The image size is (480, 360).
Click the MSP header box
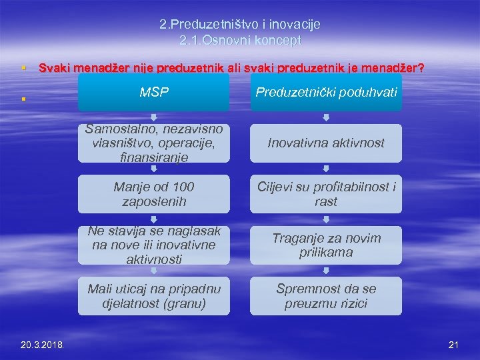pyautogui.click(x=153, y=93)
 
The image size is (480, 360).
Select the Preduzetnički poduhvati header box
pyautogui.click(x=326, y=93)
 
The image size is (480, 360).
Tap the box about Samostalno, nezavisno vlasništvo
pyautogui.click(x=153, y=143)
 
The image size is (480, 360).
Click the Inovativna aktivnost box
pyautogui.click(x=326, y=143)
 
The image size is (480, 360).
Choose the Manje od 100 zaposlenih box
pyautogui.click(x=153, y=194)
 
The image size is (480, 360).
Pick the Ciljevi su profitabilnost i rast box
pyautogui.click(x=326, y=194)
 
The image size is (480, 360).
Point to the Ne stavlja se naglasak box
pyautogui.click(x=153, y=245)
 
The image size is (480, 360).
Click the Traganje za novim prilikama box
pyautogui.click(x=326, y=245)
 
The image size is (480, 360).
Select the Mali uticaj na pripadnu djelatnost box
pyautogui.click(x=153, y=295)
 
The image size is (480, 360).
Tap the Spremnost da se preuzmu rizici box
pyautogui.click(x=326, y=295)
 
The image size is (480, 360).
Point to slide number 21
pyautogui.click(x=454, y=345)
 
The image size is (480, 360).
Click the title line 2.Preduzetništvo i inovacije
pyautogui.click(x=240, y=25)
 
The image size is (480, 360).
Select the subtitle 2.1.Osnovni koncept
pyautogui.click(x=240, y=41)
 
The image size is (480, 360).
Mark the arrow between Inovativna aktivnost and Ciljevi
pyautogui.click(x=326, y=169)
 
